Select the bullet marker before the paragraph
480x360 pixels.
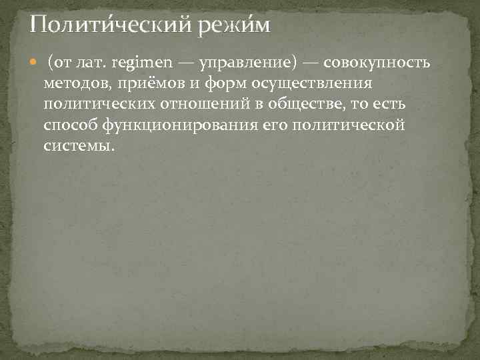point(35,63)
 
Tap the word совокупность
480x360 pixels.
point(377,63)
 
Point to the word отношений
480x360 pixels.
point(203,105)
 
